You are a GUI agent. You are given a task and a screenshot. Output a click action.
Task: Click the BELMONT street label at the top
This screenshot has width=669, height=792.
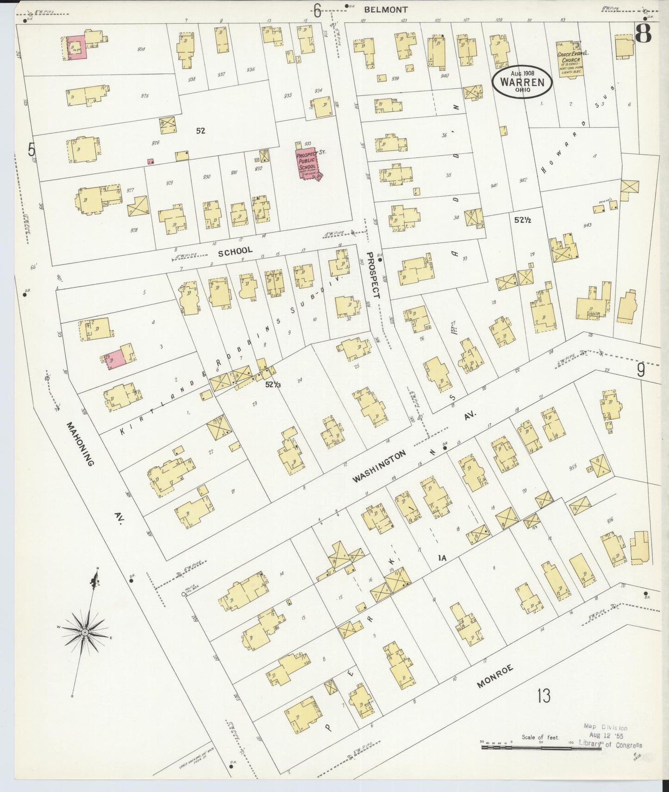385,9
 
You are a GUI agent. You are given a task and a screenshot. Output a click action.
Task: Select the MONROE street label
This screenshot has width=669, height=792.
495,679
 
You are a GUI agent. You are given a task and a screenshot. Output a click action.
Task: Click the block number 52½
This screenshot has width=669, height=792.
522,220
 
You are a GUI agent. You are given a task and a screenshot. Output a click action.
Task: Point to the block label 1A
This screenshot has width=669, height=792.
442,558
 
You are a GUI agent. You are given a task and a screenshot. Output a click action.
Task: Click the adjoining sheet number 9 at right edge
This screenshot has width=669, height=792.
641,370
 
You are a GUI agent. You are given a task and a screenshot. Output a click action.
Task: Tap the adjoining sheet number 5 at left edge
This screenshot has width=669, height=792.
31,150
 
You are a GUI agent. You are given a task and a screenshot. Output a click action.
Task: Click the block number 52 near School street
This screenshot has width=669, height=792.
200,131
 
